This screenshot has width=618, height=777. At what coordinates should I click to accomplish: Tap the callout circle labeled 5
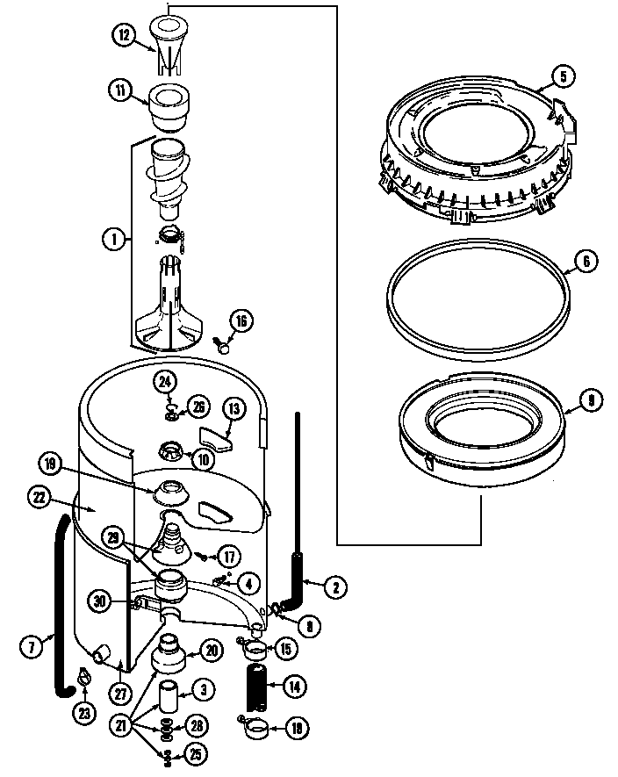point(564,76)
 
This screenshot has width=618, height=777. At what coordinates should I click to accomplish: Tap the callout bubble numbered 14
point(293,687)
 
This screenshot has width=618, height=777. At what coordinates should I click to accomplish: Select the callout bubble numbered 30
point(100,601)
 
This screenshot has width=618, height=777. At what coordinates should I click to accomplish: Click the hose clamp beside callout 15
point(255,651)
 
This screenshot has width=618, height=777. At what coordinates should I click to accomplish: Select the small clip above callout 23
point(83,676)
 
